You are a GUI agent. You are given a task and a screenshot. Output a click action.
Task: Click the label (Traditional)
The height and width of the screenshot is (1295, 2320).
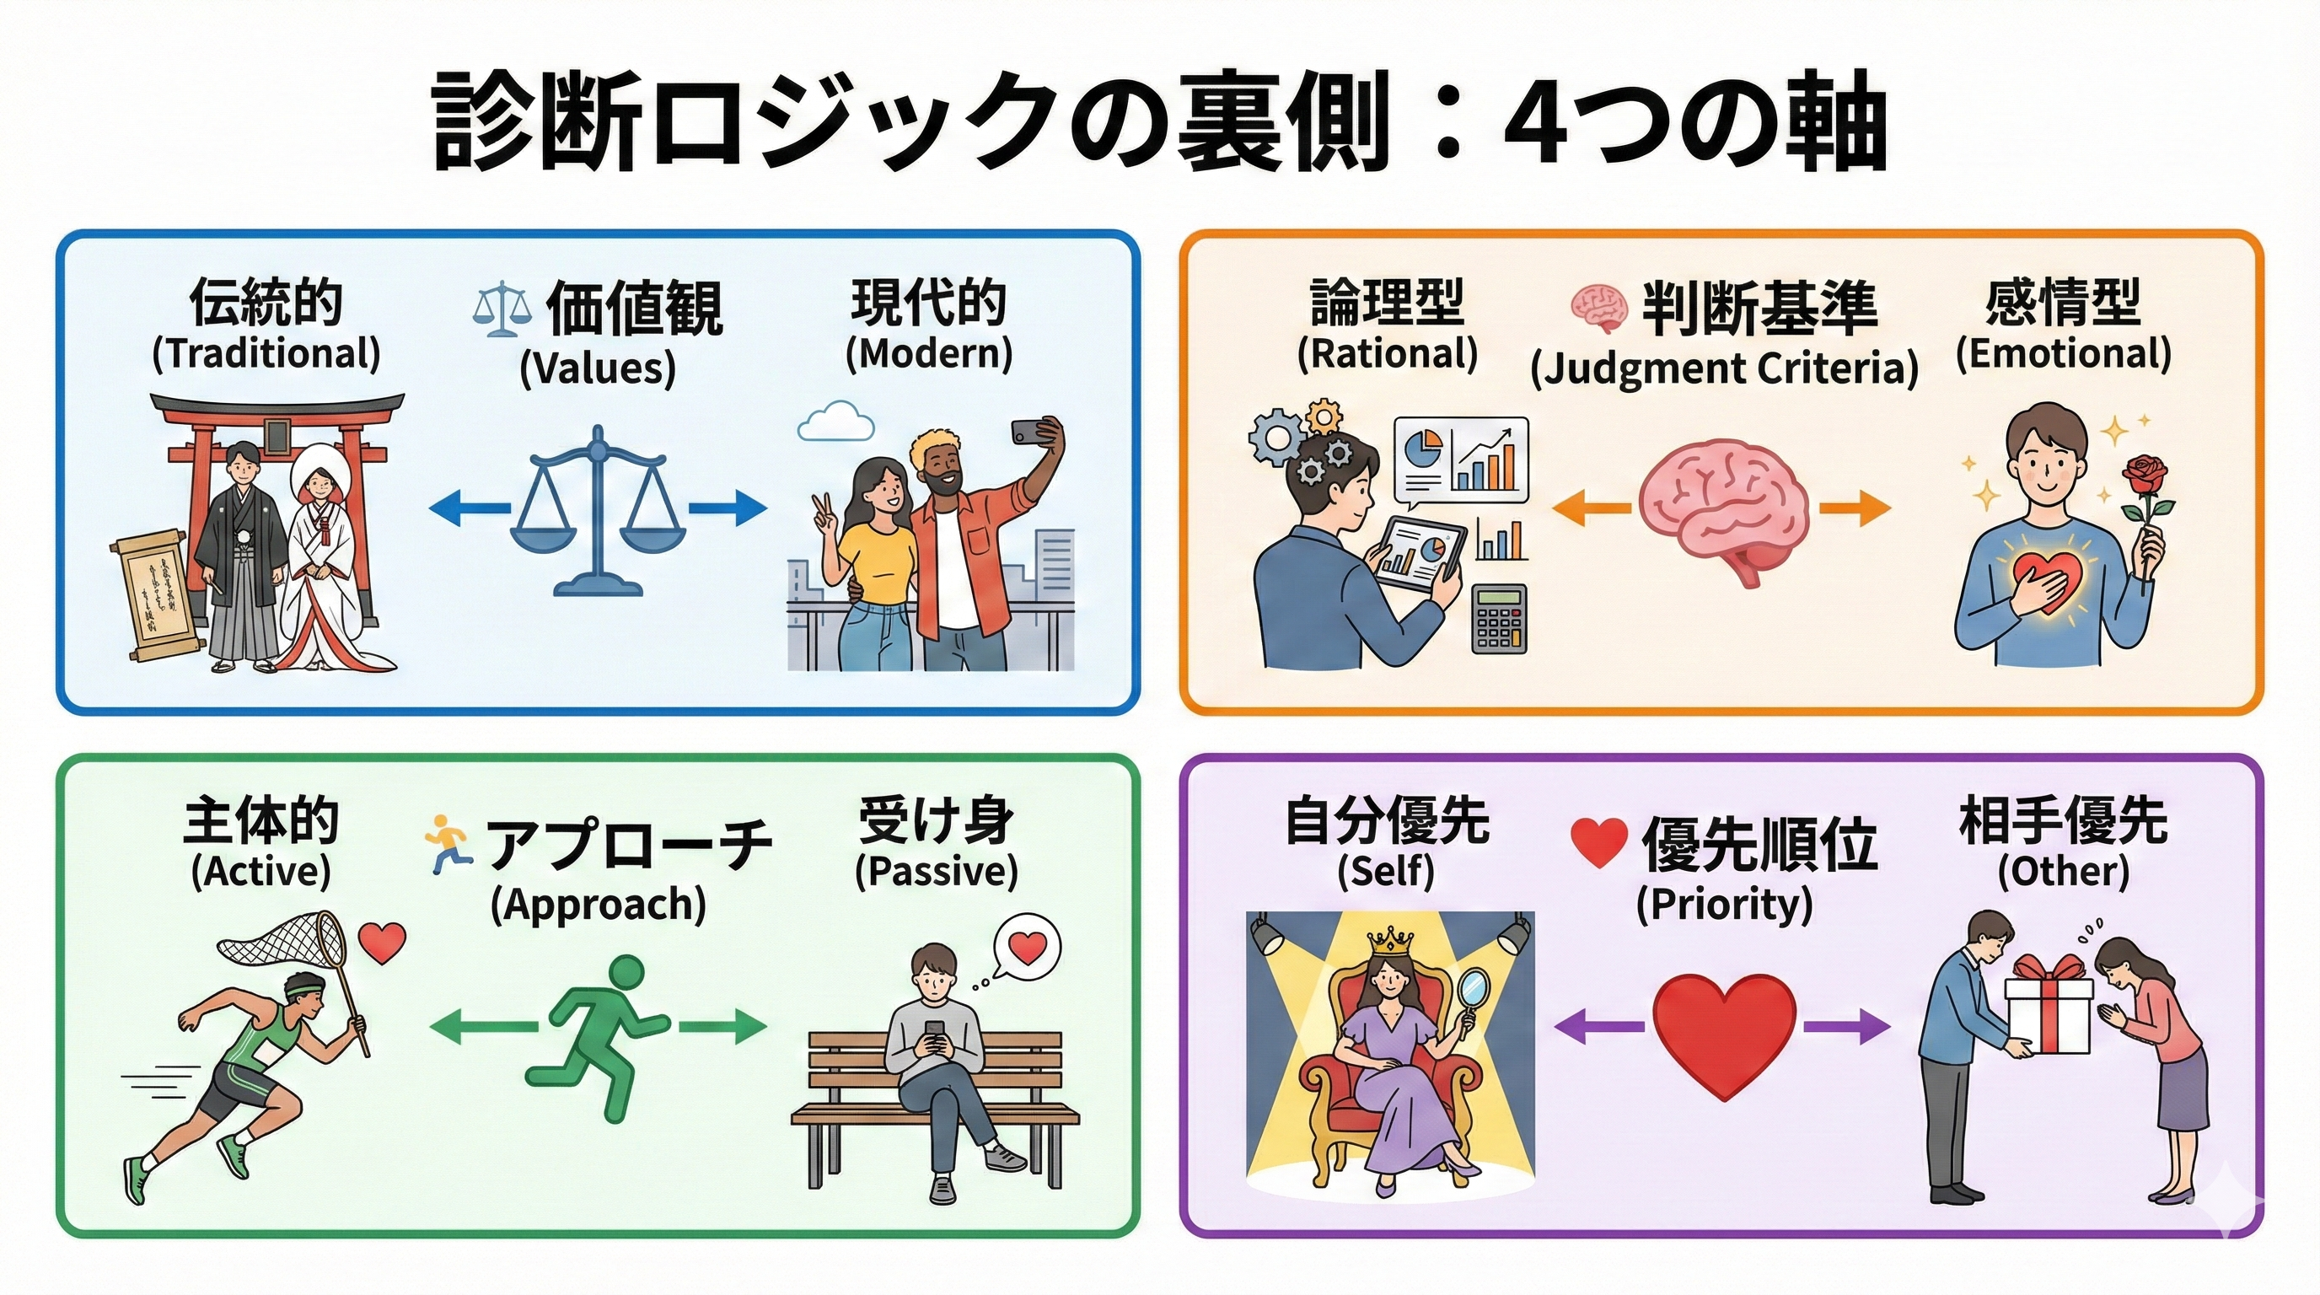[x=266, y=353]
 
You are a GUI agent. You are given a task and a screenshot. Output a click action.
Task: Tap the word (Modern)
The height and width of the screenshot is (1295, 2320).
[x=928, y=353]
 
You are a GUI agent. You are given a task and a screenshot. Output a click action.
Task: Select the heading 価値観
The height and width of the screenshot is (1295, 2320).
[x=634, y=308]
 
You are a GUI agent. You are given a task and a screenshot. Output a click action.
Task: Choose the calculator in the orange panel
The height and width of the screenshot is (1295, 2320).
[x=1500, y=619]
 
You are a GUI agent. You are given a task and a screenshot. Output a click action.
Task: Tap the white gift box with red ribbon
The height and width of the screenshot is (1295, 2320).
[x=2047, y=1013]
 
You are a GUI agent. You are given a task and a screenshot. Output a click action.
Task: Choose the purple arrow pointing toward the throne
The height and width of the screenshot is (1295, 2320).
[x=1599, y=1026]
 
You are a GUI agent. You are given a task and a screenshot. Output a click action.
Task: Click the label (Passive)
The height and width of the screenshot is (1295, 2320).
[x=936, y=871]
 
